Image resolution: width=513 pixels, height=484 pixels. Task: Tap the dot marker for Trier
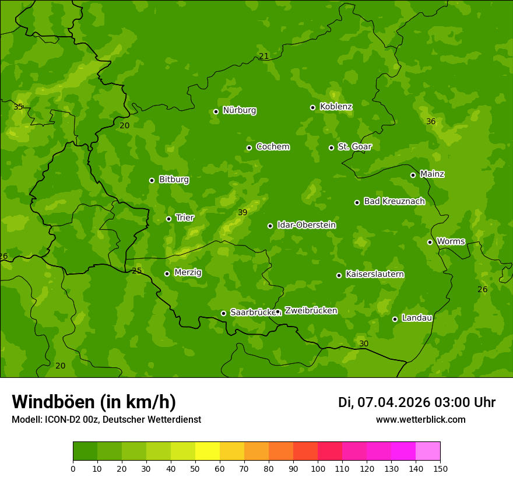(x=169, y=219)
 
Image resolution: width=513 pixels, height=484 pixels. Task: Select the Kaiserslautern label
(x=374, y=274)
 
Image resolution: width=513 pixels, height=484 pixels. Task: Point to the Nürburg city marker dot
(x=216, y=111)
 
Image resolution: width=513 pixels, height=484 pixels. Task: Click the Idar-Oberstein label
(x=306, y=225)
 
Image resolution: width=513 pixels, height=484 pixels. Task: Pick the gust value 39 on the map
(x=243, y=212)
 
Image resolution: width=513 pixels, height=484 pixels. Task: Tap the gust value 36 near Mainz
(x=431, y=121)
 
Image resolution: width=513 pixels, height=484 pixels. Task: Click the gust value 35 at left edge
(x=18, y=107)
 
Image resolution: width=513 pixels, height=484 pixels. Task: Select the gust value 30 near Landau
(x=364, y=343)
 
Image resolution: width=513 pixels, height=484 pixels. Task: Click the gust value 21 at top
(x=264, y=56)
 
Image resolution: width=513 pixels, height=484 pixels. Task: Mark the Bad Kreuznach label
(x=394, y=201)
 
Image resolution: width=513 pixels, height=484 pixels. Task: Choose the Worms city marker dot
(x=430, y=242)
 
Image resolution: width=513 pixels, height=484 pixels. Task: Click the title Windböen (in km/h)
(x=94, y=402)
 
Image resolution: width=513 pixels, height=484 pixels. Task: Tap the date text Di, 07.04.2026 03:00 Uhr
(x=417, y=402)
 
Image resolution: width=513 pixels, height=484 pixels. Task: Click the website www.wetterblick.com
(x=421, y=419)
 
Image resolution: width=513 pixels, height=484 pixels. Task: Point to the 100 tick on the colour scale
(x=318, y=468)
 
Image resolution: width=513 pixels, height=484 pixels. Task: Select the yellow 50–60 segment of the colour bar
(x=208, y=451)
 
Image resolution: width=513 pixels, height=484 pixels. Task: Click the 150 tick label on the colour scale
(x=440, y=468)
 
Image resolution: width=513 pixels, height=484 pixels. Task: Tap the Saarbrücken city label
(x=252, y=312)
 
